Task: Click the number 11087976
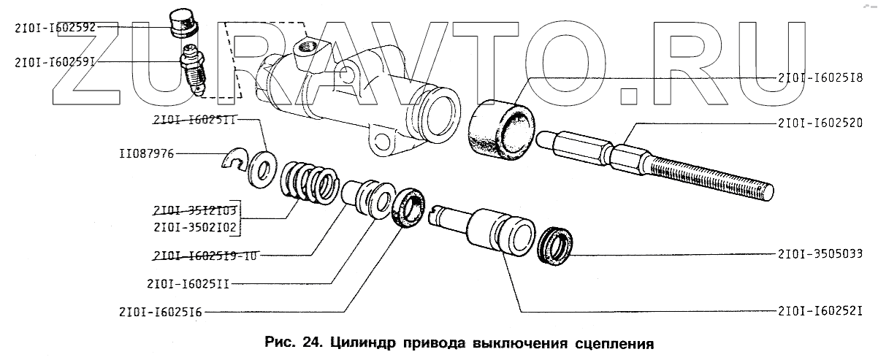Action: pyautogui.click(x=146, y=155)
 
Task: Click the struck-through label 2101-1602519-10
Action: pyautogui.click(x=207, y=256)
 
